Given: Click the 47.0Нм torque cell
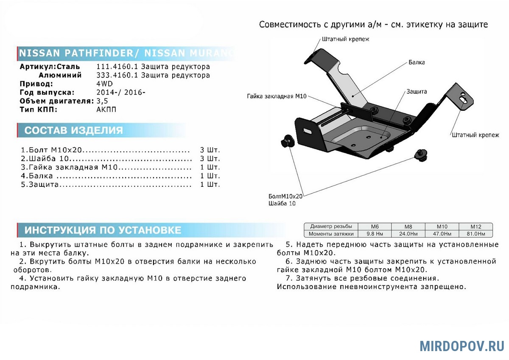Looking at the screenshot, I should (442, 234).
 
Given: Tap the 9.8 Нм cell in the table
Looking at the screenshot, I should (373, 234).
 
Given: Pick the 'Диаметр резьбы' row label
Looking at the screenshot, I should (331, 227).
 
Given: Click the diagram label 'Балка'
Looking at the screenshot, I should (417, 62).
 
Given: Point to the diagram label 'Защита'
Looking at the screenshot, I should (417, 91).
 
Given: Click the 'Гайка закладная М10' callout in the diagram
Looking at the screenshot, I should (277, 96).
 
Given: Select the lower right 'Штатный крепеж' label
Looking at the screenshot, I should (475, 135).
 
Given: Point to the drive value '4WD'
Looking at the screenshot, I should (105, 84).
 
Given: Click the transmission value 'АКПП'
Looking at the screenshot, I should (106, 109).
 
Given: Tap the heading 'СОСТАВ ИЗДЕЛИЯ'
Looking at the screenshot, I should (73, 130).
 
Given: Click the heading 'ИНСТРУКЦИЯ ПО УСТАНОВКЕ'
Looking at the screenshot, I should (103, 230).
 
